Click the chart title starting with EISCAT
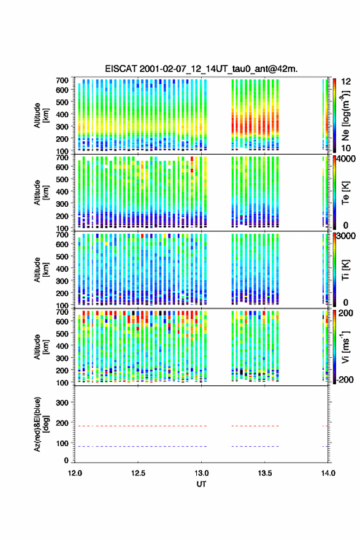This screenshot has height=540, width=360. point(201,69)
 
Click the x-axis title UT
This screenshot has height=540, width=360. point(201,484)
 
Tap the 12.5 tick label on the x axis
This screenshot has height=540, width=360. point(138,473)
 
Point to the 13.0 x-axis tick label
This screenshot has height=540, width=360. point(201,473)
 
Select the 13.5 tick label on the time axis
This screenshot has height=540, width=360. point(265,473)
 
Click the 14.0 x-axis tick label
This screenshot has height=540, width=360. point(328,473)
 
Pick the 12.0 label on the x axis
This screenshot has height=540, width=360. point(75,473)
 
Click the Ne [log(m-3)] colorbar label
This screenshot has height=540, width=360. point(345,115)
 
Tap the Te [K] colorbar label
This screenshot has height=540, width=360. point(345,193)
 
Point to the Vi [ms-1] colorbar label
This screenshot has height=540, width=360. point(345,347)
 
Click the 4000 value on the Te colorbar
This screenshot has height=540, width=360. point(346,159)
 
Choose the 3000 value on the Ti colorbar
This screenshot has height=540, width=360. point(346,236)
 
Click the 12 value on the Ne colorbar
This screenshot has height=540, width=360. point(346,82)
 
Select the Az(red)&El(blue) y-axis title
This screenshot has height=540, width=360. point(40,424)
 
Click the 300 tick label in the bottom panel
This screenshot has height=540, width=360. point(62,403)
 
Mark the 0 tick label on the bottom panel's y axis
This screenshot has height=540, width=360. point(66,460)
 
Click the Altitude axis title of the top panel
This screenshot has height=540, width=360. point(40,115)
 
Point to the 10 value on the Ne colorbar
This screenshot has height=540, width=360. point(346,148)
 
